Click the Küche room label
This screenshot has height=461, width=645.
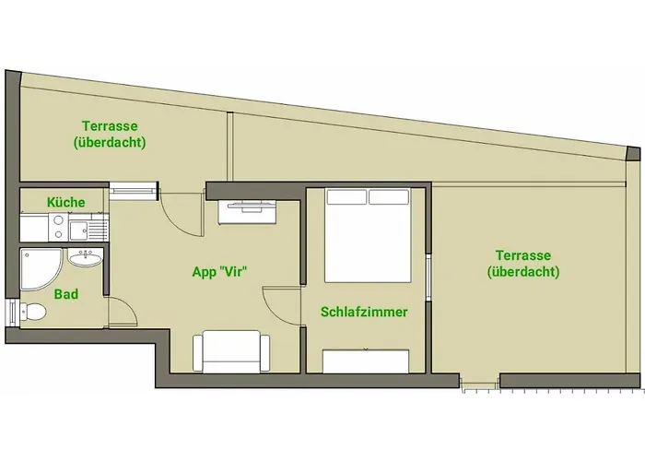coord(65,202)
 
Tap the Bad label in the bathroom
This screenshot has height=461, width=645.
coord(65,295)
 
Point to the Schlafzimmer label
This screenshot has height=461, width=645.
coord(364,313)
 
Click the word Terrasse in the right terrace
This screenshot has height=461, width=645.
coord(522,255)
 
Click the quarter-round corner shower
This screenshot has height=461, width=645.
coord(38,268)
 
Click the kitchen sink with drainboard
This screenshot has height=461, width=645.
coord(88,226)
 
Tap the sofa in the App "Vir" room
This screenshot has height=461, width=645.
coord(231,352)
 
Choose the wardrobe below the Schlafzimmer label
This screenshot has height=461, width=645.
coord(367,361)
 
